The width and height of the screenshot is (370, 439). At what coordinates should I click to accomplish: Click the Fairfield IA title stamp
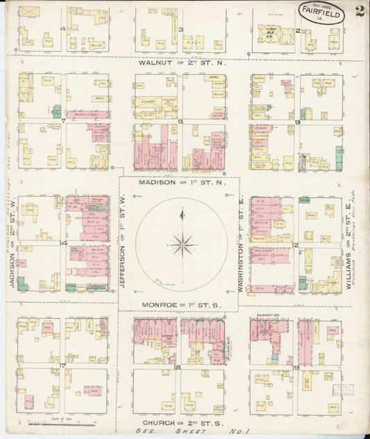point(321,13)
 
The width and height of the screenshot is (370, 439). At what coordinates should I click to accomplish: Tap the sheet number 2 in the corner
point(358,11)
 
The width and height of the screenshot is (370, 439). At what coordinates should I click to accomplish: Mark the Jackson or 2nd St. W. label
point(12,242)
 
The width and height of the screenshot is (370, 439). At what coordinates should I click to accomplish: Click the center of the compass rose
point(181,244)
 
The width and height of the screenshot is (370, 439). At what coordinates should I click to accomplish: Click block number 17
point(62,365)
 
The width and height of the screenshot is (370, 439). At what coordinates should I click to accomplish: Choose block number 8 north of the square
point(180,122)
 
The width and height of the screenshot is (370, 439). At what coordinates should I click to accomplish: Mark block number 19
point(296,366)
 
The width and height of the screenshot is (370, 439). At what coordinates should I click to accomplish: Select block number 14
point(63,243)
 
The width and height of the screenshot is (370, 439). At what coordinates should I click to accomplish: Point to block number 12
point(296,245)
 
